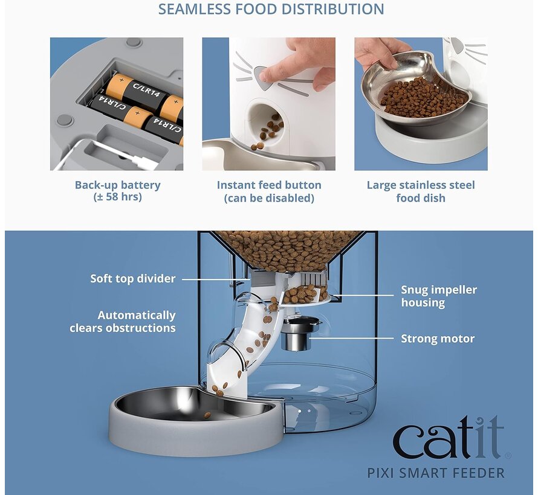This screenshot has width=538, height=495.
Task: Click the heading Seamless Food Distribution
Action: pyautogui.click(x=271, y=10)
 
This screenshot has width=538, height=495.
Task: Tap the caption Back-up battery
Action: pyautogui.click(x=117, y=185)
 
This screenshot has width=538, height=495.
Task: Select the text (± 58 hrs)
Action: pyautogui.click(x=117, y=197)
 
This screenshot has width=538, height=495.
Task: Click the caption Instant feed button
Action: pyautogui.click(x=269, y=185)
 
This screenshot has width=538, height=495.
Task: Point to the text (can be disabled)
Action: pyautogui.click(x=269, y=198)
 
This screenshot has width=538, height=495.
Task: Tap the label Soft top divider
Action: pyautogui.click(x=132, y=279)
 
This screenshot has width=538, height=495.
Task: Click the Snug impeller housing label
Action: pyautogui.click(x=438, y=296)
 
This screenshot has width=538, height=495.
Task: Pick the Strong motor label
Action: pyautogui.click(x=438, y=339)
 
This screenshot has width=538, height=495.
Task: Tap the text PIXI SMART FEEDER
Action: pyautogui.click(x=435, y=473)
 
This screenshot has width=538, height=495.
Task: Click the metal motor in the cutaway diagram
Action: pyautogui.click(x=296, y=335)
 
